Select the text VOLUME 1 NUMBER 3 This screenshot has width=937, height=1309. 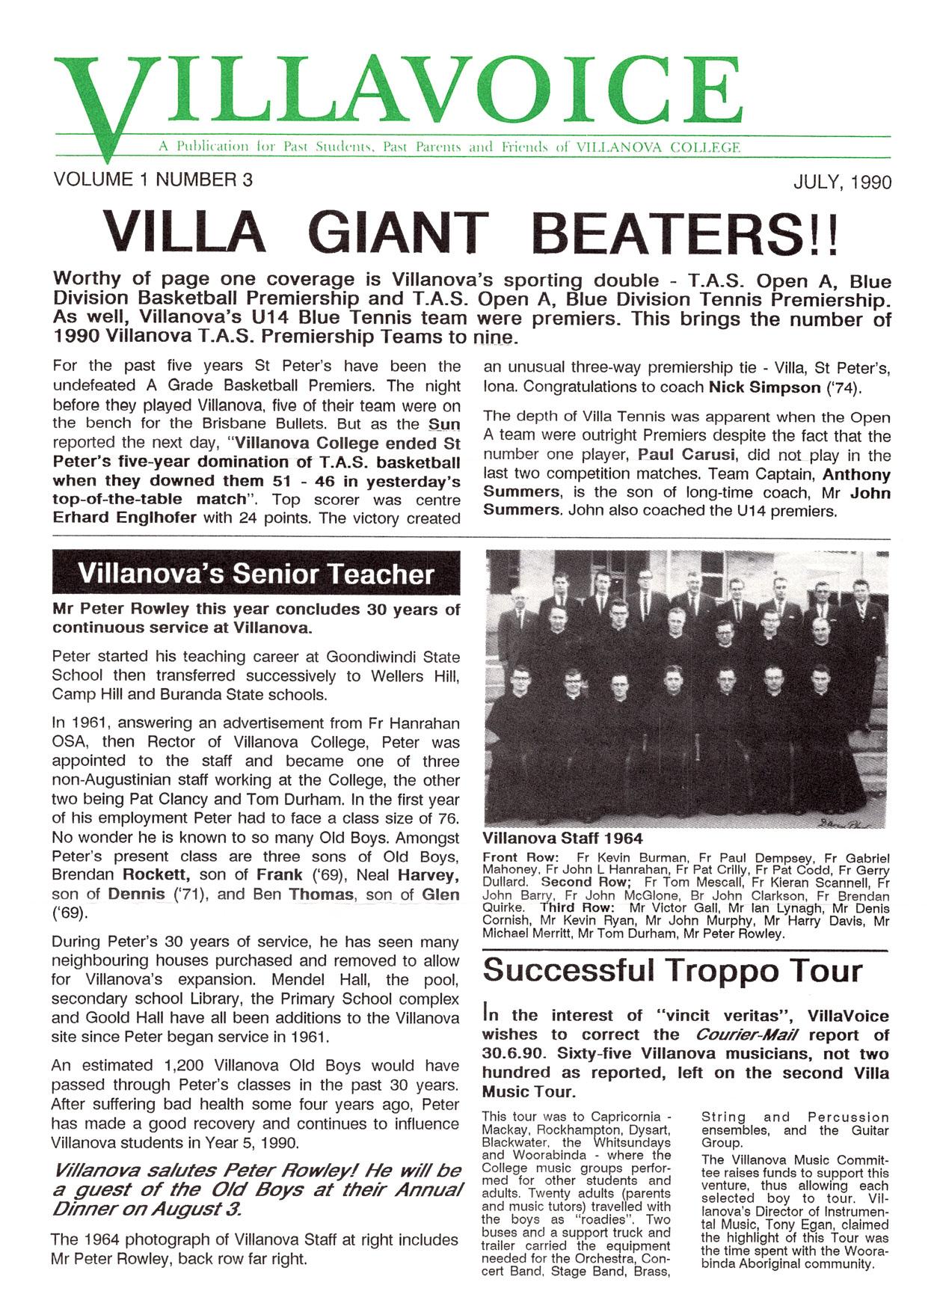(x=153, y=180)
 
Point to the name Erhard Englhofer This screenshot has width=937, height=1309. (x=125, y=518)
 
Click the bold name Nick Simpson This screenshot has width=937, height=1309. (x=764, y=387)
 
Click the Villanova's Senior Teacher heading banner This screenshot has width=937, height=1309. (x=256, y=574)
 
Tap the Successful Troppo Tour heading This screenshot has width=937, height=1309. (x=672, y=971)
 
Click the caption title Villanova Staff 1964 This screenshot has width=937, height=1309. (x=562, y=839)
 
